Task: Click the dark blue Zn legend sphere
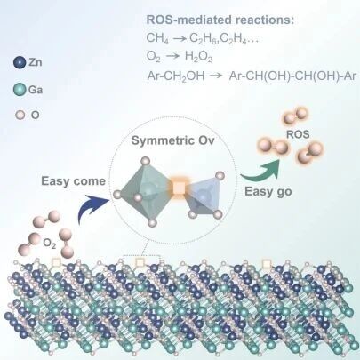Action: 20,63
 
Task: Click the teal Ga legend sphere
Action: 20,89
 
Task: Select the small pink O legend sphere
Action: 20,115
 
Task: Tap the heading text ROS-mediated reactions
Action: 220,20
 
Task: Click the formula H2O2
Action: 198,56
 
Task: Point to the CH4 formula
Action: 157,38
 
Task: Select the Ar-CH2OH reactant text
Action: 176,76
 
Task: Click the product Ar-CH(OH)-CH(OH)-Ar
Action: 292,76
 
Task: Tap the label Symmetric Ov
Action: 172,140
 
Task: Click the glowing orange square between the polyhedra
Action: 179,188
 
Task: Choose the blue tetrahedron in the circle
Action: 202,195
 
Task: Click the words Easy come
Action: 74,181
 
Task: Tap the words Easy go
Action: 268,192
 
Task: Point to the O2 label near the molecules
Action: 49,244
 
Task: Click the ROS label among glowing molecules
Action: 298,134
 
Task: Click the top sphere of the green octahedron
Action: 145,161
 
